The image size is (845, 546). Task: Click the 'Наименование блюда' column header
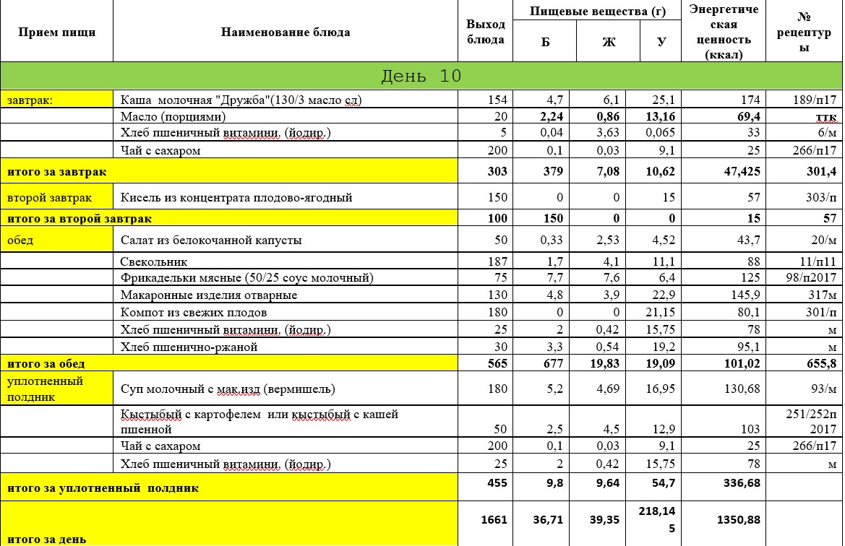(286, 32)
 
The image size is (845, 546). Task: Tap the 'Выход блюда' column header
(485, 32)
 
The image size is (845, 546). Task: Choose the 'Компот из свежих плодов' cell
(194, 312)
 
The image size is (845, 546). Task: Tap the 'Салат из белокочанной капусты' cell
(211, 240)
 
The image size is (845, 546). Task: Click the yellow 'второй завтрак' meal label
(38, 197)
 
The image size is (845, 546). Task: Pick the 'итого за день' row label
(47, 539)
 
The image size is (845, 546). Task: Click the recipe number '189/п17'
(814, 99)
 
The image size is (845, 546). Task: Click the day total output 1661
(494, 519)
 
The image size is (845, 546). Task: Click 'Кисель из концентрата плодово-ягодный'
(236, 197)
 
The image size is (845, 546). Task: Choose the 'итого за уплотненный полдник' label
(103, 488)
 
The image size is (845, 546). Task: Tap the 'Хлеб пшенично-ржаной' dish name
(189, 347)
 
